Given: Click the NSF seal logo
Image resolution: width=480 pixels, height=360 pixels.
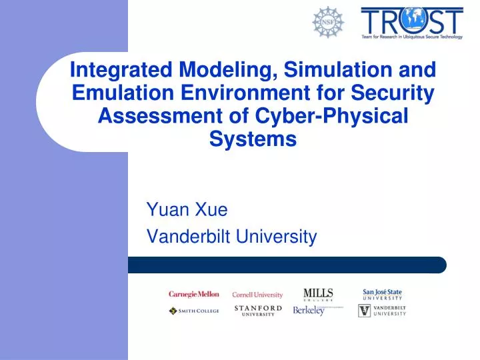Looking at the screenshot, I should pos(328,23).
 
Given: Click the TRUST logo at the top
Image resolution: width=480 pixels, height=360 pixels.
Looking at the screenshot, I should pos(411,23).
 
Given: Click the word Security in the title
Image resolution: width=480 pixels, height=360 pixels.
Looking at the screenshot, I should pos(395,93).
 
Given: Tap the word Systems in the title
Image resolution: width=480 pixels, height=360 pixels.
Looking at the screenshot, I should pos(253,139).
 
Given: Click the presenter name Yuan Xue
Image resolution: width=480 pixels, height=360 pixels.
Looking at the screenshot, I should pos(187,211).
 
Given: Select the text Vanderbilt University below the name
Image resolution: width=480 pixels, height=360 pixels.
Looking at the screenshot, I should pos(231,236).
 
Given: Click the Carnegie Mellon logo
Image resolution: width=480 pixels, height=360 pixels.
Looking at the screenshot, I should pos(193,294).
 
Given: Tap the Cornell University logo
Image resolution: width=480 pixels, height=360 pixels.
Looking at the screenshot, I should pos(257,295).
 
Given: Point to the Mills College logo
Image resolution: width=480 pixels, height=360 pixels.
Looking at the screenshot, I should pos(318,294).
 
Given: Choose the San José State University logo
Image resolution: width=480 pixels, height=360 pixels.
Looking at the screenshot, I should pos(383,294).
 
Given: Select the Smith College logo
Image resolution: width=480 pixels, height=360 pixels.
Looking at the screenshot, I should pos(193,311).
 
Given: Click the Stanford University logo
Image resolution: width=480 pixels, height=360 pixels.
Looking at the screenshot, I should pos(258,311).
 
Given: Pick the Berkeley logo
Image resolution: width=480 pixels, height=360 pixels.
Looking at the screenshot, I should pos(311,311).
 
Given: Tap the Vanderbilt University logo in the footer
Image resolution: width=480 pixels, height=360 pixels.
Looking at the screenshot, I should pos(382,311).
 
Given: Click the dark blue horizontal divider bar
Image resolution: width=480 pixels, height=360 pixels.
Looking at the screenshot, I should pos(287,265).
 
